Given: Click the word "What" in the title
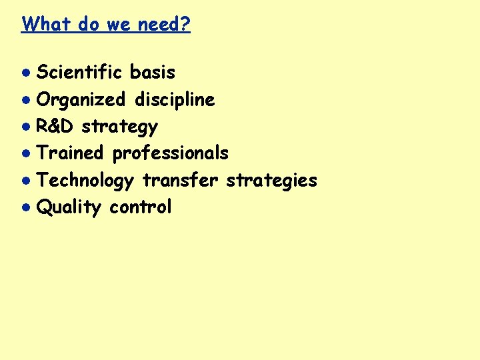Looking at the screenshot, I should coord(46,25).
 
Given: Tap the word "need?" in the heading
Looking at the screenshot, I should coord(164,25).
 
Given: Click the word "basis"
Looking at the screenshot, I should coord(153,72).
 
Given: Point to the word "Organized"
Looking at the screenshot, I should coord(81,100).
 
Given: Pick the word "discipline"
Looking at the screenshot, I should coord(175,100).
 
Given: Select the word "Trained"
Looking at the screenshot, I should coord(71,153).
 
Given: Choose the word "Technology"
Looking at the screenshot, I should coord(85,181).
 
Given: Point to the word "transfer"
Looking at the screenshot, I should coord(180,180).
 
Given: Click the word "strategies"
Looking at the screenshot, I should coord(272,181).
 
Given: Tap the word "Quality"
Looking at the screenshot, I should coord(69,207).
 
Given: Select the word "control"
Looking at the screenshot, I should coord(141,207).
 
